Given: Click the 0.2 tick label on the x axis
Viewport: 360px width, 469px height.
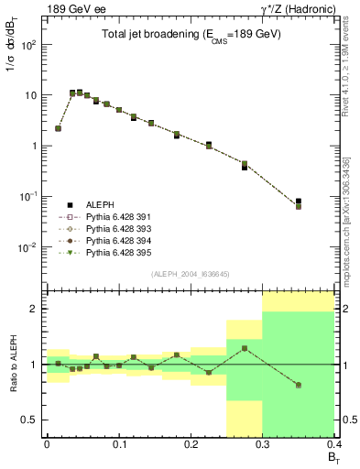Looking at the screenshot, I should pos(191,443).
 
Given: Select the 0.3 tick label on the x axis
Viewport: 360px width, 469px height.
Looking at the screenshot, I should pos(263,443).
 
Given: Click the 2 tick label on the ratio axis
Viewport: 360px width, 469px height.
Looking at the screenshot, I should pos(35,310).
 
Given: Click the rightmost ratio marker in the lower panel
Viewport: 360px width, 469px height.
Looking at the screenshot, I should pos(299,385).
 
